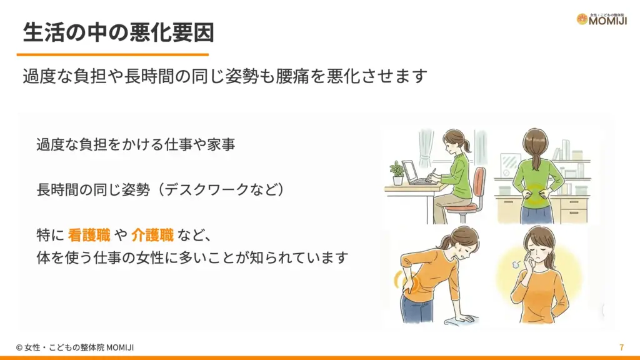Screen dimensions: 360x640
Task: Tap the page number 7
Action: pos(621,347)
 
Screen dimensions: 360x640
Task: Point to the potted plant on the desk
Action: pos(396,170)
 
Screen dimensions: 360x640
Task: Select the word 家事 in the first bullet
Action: pos(221,144)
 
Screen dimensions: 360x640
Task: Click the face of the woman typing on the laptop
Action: pos(451,143)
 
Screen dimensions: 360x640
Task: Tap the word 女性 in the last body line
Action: pos(164,257)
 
